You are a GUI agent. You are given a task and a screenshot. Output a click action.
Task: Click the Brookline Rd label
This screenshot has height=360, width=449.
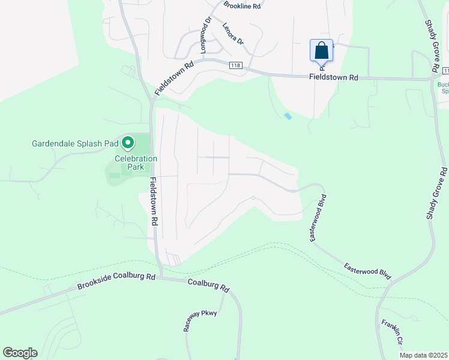pos(243,5)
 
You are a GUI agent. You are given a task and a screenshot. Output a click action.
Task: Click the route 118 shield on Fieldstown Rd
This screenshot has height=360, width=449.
pos(235,66)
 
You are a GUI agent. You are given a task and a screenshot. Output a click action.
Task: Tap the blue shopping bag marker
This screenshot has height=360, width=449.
pos(321,50)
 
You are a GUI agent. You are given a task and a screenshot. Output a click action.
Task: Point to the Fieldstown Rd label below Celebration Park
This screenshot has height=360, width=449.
pos(154,201)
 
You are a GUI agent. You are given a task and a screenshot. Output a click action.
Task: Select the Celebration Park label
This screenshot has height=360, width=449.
pos(136,163)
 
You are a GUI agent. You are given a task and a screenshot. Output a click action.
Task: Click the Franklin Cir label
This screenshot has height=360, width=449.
pos(391,332)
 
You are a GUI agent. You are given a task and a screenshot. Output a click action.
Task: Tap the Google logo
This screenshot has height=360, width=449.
pos(20,353)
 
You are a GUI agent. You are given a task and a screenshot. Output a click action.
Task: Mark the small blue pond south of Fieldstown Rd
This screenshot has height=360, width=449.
pos(288,116)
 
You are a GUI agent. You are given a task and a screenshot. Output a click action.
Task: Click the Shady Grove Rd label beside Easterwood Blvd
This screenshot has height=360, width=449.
pos(436,193)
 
